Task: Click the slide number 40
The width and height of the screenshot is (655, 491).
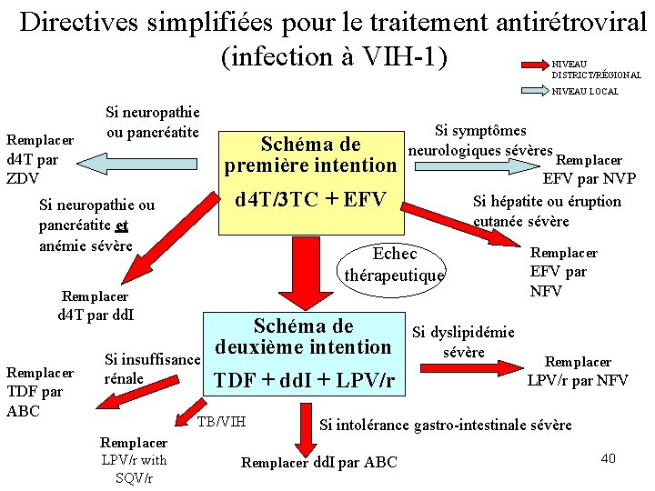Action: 608,457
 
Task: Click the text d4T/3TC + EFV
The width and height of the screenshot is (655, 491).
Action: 309,199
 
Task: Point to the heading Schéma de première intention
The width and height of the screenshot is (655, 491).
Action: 310,155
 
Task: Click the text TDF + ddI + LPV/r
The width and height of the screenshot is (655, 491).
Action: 304,380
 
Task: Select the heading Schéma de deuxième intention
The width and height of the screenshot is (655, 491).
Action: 304,336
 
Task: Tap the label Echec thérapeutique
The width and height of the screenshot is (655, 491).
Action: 395,264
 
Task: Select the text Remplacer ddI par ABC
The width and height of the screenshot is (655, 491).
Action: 318,462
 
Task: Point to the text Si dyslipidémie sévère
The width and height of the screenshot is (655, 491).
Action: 463,342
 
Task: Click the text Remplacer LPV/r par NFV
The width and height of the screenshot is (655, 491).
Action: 578,371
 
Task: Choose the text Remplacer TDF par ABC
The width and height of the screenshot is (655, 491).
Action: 36,392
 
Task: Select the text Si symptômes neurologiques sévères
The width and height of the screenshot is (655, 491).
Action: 480,141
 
